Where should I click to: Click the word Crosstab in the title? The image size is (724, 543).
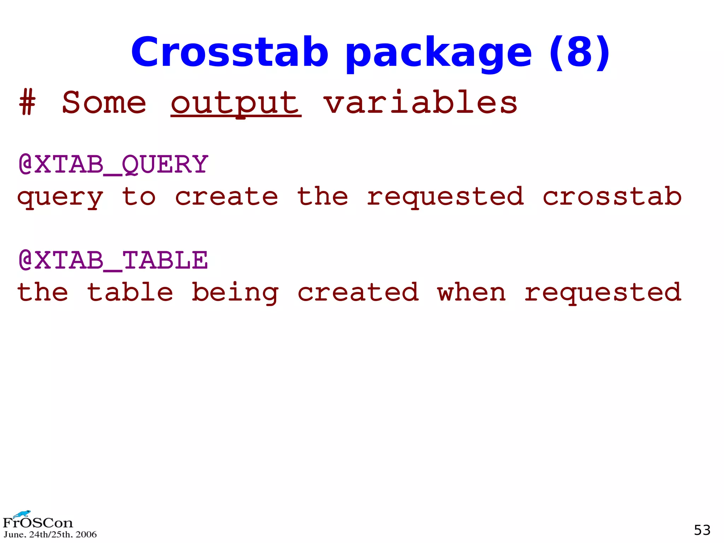(230, 52)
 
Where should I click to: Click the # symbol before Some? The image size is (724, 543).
(28, 103)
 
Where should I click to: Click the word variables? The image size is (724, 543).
(420, 103)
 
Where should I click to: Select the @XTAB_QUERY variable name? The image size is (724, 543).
(113, 164)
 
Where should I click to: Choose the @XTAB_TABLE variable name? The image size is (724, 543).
(113, 260)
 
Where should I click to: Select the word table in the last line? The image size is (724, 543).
(130, 293)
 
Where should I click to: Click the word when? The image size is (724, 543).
(472, 293)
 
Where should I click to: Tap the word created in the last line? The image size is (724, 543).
(358, 293)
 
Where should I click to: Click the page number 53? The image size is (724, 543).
(702, 530)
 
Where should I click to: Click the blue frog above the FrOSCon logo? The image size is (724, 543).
(22, 514)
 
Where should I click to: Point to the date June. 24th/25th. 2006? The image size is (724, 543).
(50, 535)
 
